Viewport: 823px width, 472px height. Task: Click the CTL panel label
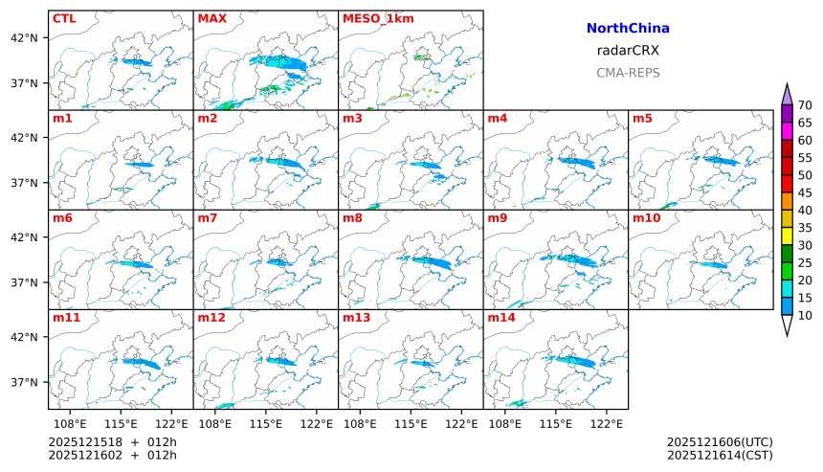64,18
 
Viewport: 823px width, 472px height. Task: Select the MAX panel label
211,18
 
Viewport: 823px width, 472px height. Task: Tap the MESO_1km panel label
374,18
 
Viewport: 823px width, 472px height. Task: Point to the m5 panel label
642,118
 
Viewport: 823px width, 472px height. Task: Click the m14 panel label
500,317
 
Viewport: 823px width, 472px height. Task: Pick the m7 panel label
207,217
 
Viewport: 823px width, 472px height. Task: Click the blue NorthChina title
628,29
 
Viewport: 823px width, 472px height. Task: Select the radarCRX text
628,51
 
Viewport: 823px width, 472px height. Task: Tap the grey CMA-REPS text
628,73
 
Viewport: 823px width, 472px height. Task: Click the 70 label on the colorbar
805,105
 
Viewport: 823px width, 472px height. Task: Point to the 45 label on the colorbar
805,192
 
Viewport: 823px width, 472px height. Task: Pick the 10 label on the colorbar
805,315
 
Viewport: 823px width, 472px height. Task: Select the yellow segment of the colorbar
787,236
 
